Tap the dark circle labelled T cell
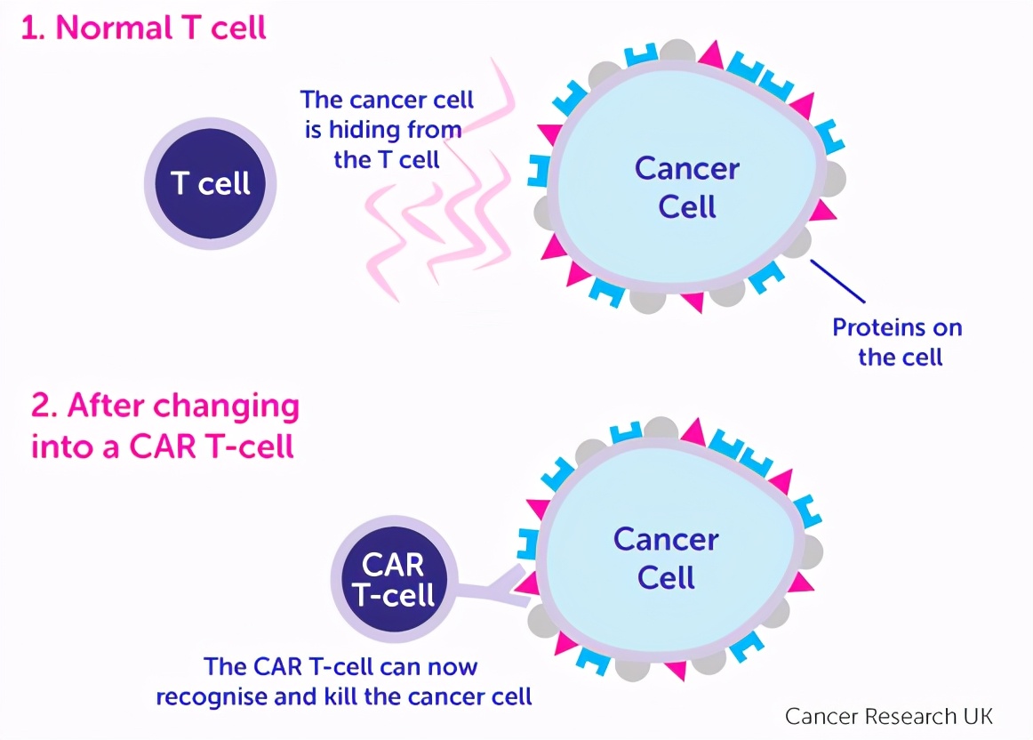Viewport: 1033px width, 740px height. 211,184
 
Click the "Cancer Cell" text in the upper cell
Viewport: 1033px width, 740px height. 686,187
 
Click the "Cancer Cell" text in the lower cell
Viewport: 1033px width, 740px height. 666,558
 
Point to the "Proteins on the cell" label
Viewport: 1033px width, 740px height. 897,342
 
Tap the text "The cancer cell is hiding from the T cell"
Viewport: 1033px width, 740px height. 387,129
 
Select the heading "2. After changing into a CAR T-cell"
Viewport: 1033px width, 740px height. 164,425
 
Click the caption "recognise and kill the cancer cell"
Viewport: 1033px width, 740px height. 344,696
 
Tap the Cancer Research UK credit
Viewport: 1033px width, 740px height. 888,716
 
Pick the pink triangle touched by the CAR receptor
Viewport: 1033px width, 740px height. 528,583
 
